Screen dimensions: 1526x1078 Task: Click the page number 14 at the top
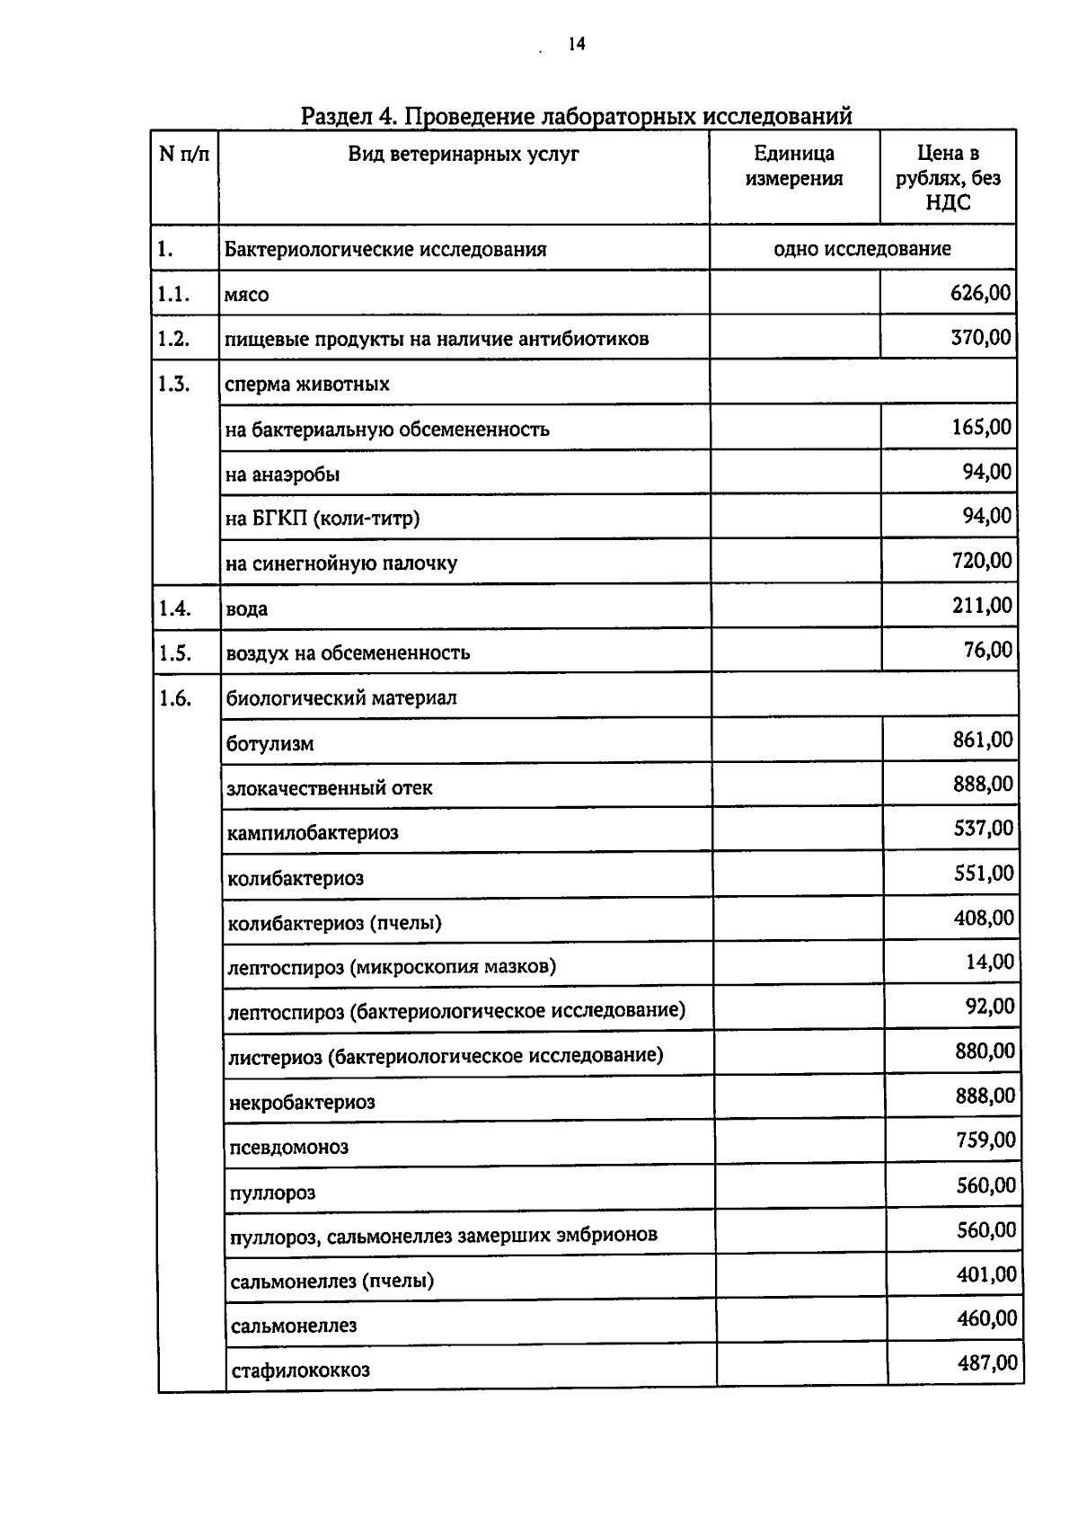coord(576,44)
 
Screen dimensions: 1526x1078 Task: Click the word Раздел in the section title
coord(341,116)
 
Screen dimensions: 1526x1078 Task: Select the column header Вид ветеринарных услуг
coord(464,154)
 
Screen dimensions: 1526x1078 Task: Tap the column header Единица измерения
coord(794,166)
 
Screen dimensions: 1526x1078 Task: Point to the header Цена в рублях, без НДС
coord(948,178)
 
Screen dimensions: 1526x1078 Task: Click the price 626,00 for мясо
coord(980,293)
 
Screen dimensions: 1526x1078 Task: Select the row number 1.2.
coord(173,339)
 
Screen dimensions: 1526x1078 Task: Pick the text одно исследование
coord(862,249)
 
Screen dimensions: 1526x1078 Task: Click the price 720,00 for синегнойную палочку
coord(981,562)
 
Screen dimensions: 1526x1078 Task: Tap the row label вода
coord(247,608)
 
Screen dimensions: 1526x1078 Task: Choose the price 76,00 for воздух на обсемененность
coord(988,650)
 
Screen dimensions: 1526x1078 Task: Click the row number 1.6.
coord(175,698)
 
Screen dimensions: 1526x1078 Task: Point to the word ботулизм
coord(270,744)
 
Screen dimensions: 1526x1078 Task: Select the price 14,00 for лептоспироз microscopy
coord(990,963)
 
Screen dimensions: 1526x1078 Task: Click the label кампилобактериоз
coord(313,833)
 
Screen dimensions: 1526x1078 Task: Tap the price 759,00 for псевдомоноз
coord(985,1140)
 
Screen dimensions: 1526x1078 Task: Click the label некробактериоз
coord(302,1103)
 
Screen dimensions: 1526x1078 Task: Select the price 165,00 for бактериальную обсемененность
coord(981,427)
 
